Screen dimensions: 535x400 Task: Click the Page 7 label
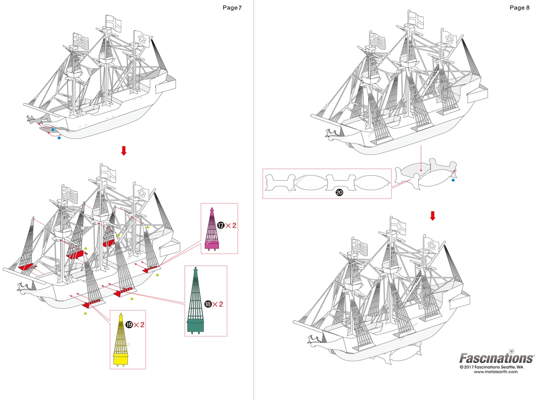232,8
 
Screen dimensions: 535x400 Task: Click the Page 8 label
520,8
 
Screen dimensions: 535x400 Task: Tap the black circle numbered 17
221,225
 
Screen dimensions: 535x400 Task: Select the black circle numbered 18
208,304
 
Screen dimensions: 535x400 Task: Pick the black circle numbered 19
129,324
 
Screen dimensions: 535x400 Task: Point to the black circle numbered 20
339,193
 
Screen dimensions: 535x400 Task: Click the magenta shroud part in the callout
212,229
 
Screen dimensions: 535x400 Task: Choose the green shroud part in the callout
195,300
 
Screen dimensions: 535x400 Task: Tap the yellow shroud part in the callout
121,340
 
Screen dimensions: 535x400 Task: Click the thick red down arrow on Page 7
124,151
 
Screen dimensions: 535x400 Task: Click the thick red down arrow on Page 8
433,216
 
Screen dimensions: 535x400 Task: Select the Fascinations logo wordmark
496,358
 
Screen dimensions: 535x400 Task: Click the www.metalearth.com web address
496,372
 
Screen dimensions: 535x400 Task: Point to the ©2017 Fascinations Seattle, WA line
492,367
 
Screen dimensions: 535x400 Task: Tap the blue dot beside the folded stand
453,180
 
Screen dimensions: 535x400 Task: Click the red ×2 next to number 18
218,304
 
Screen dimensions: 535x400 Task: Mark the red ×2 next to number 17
231,225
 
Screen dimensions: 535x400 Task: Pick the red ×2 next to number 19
139,324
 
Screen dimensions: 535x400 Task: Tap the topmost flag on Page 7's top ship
114,23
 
